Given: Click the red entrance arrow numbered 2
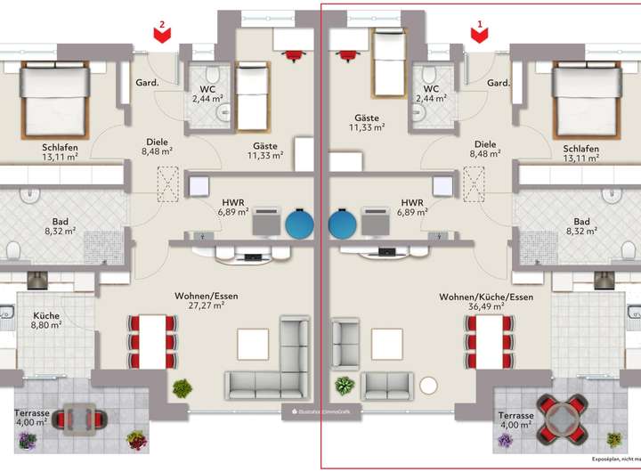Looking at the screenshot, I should tap(161, 33).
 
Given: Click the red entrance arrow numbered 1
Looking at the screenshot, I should tap(480, 33).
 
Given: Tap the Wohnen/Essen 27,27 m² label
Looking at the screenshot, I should tap(207, 300).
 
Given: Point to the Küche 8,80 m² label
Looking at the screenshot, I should tap(47, 321).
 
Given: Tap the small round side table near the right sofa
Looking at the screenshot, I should tap(430, 387).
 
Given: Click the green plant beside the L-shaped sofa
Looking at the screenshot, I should tap(183, 388).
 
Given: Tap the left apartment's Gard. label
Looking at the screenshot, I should tap(145, 84).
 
